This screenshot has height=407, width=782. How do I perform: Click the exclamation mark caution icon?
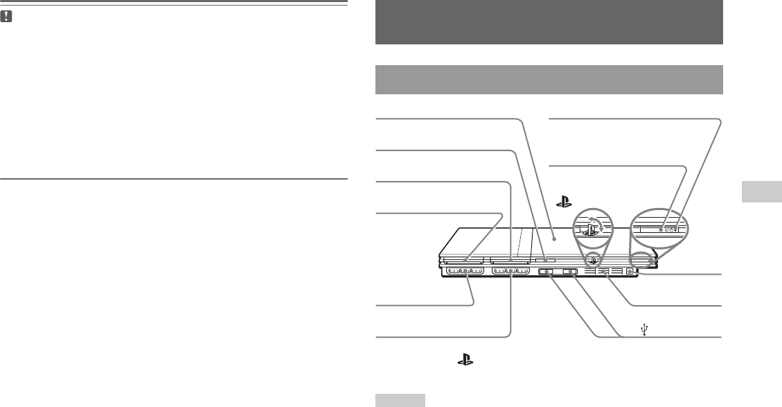[x=6, y=14]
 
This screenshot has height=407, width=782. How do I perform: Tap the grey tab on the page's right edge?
[x=761, y=192]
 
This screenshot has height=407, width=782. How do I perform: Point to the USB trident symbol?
[x=644, y=330]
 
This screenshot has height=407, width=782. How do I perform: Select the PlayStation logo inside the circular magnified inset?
[x=590, y=228]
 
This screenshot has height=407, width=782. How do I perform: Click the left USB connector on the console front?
[x=546, y=272]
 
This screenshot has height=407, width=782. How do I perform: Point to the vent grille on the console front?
[x=602, y=272]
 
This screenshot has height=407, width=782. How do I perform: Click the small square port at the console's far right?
[x=629, y=272]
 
